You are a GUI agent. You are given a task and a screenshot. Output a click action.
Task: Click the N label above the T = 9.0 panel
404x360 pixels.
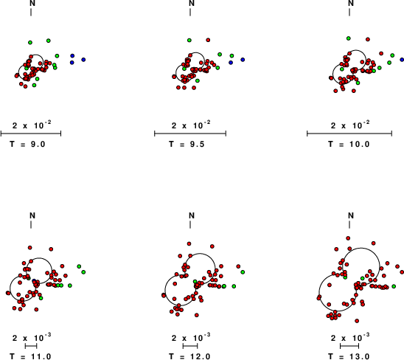pyautogui.click(x=32, y=3)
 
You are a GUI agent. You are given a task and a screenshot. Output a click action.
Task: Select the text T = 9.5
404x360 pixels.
pyautogui.click(x=187, y=144)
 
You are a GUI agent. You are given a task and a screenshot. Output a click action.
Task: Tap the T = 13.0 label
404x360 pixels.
pyautogui.click(x=349, y=356)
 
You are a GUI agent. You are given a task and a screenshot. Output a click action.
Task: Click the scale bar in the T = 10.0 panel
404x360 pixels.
pyautogui.click(x=349, y=134)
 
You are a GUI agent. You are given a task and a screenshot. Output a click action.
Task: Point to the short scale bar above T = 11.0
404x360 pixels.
pyautogui.click(x=31, y=346)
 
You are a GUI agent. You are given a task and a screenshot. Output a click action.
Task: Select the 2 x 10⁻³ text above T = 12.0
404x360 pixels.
pyautogui.click(x=191, y=337)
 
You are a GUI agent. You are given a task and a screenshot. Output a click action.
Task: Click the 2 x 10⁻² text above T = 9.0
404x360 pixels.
pyautogui.click(x=32, y=125)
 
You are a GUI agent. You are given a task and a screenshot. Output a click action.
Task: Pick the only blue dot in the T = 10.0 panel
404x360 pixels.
pyautogui.click(x=403, y=60)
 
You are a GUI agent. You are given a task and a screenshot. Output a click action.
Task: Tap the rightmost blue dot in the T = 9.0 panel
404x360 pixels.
pyautogui.click(x=83, y=60)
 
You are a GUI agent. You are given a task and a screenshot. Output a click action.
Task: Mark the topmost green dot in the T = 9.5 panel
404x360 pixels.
pyautogui.click(x=189, y=41)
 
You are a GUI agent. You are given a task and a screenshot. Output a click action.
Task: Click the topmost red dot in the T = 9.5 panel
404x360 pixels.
pyautogui.click(x=208, y=40)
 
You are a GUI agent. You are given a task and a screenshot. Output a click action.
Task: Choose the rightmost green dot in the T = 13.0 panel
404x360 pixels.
pyautogui.click(x=394, y=286)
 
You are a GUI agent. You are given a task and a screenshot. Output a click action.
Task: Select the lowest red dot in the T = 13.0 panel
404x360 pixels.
pyautogui.click(x=357, y=321)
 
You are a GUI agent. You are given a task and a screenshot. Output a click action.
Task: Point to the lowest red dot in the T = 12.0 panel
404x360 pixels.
pyautogui.click(x=197, y=315)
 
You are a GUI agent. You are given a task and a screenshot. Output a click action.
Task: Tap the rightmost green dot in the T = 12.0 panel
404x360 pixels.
pyautogui.click(x=243, y=272)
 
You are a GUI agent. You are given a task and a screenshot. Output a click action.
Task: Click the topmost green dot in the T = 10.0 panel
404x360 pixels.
pyautogui.click(x=349, y=38)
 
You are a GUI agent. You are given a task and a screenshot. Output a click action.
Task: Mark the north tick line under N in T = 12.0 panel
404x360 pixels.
pyautogui.click(x=190, y=224)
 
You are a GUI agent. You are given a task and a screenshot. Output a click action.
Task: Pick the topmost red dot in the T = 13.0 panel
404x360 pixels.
pyautogui.click(x=348, y=238)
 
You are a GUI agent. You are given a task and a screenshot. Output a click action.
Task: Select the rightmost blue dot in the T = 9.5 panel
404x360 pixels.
pyautogui.click(x=243, y=60)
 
